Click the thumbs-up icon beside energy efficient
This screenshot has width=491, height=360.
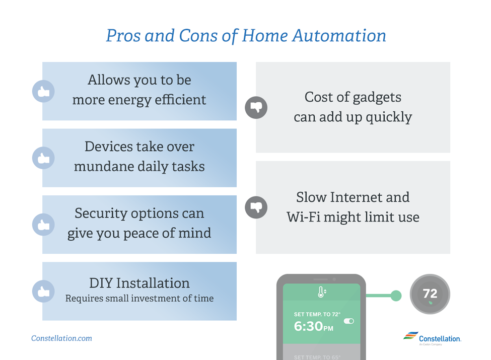pos(43,92)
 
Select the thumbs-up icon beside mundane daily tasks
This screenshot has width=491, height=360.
pos(43,158)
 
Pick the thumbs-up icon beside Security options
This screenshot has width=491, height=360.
pos(43,225)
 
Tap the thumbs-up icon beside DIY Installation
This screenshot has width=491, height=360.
pos(43,291)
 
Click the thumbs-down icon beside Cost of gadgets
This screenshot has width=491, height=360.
pos(256,107)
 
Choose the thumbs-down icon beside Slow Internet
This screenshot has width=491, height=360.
pos(256,207)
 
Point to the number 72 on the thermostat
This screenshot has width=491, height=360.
pos(430,294)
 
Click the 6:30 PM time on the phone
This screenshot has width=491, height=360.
pos(313,326)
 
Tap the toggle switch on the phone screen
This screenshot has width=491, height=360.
pos(348,321)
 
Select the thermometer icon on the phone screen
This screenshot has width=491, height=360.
pos(321,292)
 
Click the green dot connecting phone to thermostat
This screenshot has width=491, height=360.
pos(396,296)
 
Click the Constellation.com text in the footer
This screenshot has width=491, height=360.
pos(61,338)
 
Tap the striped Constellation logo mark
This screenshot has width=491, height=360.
pos(410,336)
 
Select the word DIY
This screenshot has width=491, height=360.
pos(101,283)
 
